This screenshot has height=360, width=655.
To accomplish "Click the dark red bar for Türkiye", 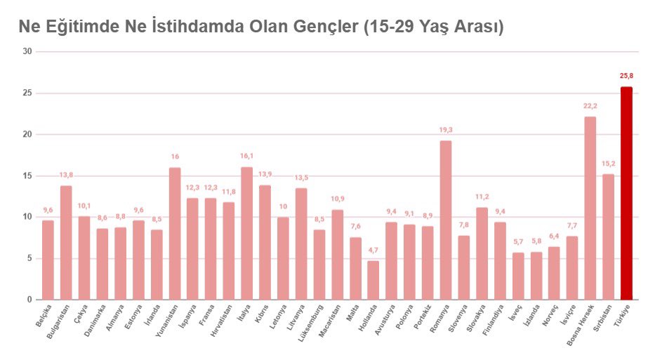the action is [626, 194].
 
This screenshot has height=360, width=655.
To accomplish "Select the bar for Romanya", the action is [446, 220].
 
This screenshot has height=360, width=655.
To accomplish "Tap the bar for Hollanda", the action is [373, 280].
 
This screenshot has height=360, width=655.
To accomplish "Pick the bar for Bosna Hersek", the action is [590, 208].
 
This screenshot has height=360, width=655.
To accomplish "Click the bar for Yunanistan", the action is [175, 234].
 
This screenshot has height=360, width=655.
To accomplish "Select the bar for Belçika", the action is [48, 260].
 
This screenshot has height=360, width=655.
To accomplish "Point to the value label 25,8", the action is [626, 76].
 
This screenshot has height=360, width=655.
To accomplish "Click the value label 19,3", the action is [446, 130].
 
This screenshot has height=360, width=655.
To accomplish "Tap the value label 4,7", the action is [373, 250].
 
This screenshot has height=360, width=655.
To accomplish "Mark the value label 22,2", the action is [590, 106].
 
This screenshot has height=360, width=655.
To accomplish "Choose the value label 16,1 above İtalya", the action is [247, 156].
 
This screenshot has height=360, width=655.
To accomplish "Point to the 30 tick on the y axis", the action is [27, 51].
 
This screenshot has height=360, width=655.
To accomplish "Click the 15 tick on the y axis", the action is [27, 176].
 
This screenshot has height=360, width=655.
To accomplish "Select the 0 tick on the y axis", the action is [29, 300].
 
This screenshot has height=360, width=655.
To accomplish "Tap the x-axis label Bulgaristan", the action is [58, 322].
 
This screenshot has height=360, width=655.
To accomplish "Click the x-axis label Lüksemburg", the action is [310, 324].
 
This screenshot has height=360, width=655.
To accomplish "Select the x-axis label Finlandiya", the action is [493, 320].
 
